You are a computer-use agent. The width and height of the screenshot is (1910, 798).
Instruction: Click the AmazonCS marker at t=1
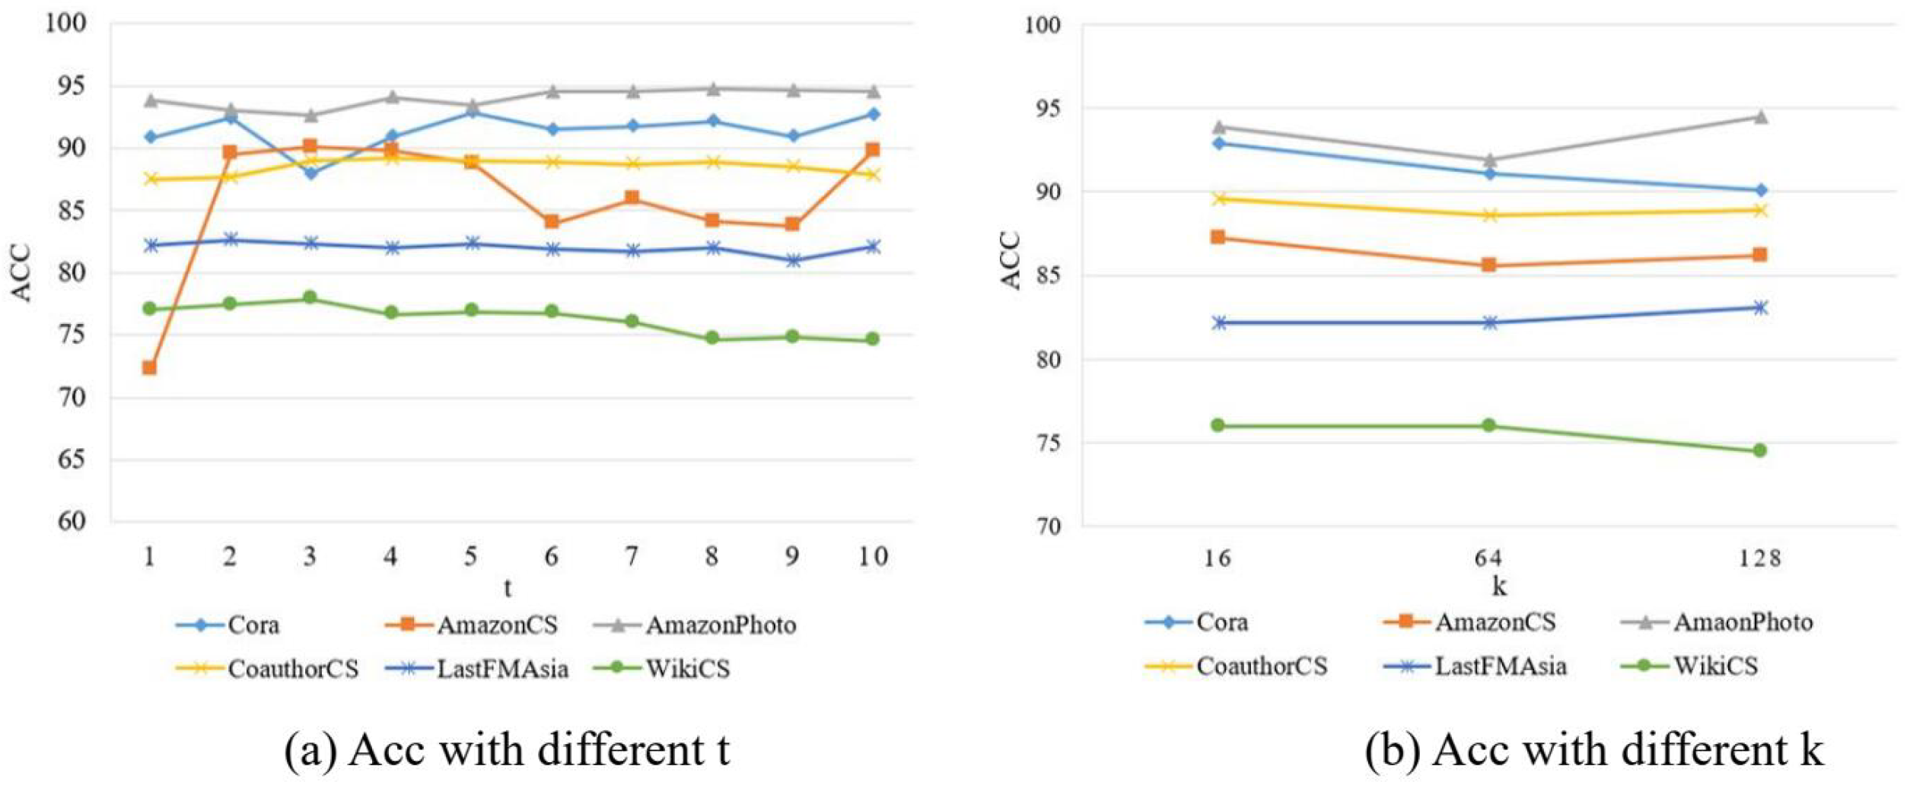coord(149,367)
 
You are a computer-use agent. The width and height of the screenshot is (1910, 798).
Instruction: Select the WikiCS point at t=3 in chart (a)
coord(310,297)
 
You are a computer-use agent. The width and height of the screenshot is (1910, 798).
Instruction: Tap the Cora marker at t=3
coord(310,173)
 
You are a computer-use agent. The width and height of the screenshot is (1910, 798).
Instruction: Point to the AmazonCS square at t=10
coord(873,150)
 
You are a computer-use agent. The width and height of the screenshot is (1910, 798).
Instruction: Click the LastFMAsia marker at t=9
coord(792,260)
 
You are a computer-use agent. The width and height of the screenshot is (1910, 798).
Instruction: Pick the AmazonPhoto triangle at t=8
coord(712,89)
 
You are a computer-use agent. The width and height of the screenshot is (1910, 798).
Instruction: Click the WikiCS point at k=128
coord(1759,450)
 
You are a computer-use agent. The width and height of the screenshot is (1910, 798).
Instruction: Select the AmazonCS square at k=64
coord(1488,265)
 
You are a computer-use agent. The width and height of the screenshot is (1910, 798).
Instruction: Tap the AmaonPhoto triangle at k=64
coord(1489,160)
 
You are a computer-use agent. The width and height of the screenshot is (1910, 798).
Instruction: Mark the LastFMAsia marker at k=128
coord(1759,307)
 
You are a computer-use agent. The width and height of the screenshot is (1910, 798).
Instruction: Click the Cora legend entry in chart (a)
coord(228,625)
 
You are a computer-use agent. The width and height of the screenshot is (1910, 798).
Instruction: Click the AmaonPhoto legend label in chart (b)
coord(1743,622)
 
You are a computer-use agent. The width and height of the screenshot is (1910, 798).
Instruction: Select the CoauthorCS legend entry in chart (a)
coord(268,669)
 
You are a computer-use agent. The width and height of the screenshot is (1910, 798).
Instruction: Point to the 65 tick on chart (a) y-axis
coord(72,459)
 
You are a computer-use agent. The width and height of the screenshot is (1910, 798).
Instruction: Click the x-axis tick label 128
coord(1759,559)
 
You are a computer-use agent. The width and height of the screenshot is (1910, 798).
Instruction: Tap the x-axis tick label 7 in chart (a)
coord(631,557)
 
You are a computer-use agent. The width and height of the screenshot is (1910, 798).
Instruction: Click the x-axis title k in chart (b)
coord(1498,586)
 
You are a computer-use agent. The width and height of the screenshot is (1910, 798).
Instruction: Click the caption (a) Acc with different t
coord(507,751)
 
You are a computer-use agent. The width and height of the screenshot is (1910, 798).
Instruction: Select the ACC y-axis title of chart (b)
coord(1010,261)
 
